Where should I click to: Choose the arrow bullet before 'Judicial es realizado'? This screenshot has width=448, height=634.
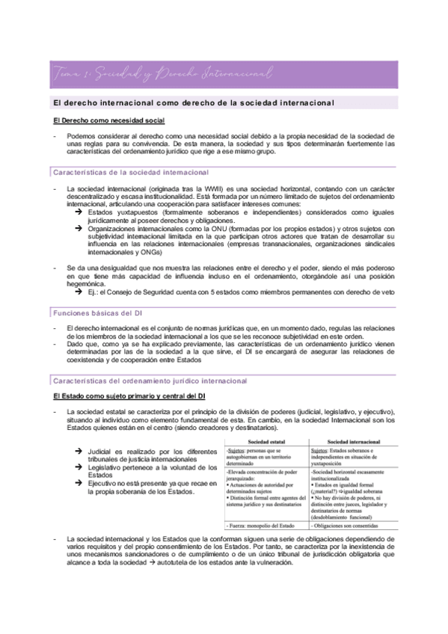tap(79, 452)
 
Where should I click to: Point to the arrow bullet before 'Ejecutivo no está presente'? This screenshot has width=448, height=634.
tap(79, 484)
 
